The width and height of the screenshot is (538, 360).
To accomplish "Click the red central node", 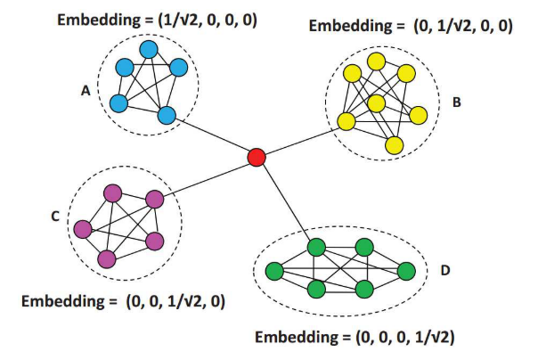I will [x=257, y=158].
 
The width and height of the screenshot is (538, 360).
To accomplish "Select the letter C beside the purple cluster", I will [x=55, y=215].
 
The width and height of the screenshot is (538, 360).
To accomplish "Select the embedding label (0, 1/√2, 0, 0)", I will [x=410, y=26].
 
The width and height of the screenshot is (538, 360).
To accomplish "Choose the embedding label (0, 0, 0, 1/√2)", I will [x=356, y=338].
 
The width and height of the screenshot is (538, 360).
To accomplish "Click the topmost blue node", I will [x=149, y=50].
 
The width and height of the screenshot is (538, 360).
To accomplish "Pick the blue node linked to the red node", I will [x=167, y=113].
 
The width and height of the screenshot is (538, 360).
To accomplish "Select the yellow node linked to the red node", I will [x=345, y=121].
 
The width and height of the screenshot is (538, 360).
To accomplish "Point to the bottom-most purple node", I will [x=108, y=258].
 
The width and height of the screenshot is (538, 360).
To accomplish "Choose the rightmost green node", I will [x=407, y=270].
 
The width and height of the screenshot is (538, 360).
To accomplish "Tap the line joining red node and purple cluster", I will [x=206, y=178].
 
